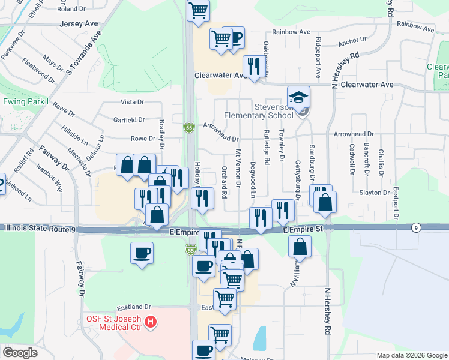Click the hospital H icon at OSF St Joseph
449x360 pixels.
(x=151, y=323)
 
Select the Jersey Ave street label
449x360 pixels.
(x=79, y=24)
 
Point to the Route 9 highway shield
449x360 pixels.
(x=415, y=227)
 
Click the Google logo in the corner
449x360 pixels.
(x=20, y=353)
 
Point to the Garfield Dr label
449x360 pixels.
(x=129, y=120)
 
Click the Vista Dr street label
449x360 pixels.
(x=133, y=103)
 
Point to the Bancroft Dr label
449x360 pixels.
(x=367, y=158)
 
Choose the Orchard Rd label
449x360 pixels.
(x=224, y=182)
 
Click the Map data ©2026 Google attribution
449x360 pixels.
(x=412, y=355)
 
